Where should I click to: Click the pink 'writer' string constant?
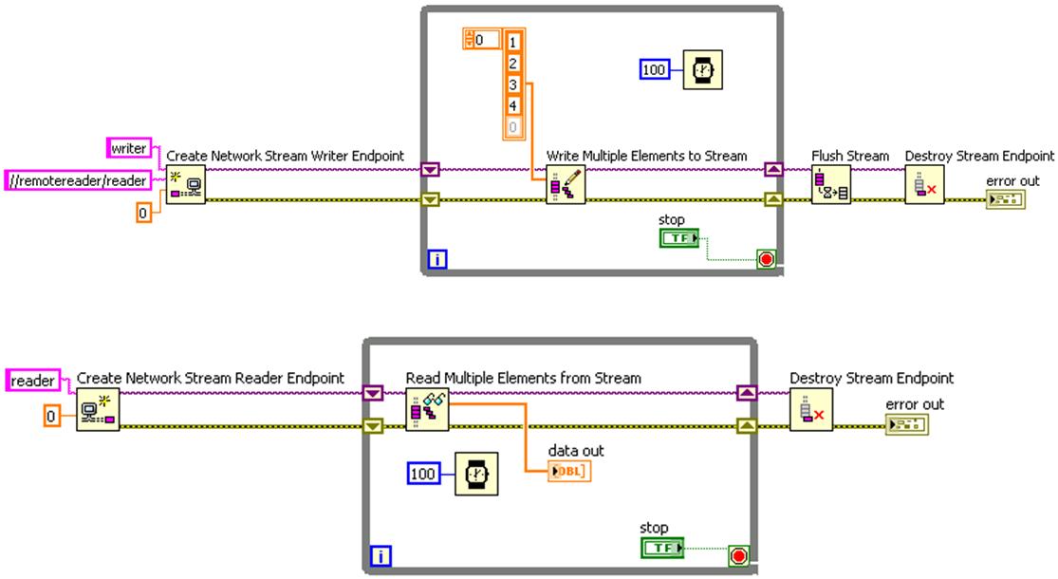(x=128, y=148)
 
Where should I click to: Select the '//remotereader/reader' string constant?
(x=77, y=178)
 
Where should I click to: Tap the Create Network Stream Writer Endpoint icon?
(x=186, y=184)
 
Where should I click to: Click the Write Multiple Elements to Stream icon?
(x=566, y=184)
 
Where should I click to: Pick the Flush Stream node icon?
(x=830, y=184)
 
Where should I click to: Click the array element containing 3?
(x=513, y=84)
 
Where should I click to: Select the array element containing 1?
(x=513, y=42)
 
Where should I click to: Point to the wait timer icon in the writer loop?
(x=700, y=69)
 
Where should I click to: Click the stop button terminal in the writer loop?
(x=677, y=238)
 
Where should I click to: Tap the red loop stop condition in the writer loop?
(x=766, y=259)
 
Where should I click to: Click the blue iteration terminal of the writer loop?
(x=436, y=258)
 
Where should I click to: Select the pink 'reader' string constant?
(x=33, y=381)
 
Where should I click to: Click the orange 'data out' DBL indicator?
(x=569, y=470)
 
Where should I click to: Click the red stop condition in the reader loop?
(x=737, y=556)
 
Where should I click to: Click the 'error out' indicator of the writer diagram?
(x=1005, y=199)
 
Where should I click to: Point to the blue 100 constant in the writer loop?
(x=655, y=68)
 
